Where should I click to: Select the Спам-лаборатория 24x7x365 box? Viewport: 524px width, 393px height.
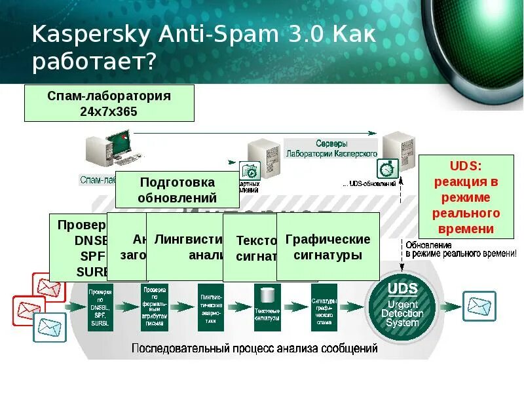tap(109, 103)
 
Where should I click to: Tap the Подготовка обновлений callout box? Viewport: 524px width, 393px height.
tap(178, 189)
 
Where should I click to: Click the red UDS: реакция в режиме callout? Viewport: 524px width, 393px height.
tap(466, 196)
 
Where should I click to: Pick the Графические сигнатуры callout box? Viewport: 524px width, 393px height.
tap(328, 247)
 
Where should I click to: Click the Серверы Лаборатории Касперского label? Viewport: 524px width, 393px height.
tap(331, 148)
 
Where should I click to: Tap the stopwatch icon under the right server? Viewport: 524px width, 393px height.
tap(388, 168)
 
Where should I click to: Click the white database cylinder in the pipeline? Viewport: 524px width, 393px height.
tap(267, 297)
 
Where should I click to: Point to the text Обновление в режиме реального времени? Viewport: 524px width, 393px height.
tap(460, 249)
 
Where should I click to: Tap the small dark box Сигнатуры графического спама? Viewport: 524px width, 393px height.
tap(324, 306)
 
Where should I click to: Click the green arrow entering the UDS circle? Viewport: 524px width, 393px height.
tap(354, 305)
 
